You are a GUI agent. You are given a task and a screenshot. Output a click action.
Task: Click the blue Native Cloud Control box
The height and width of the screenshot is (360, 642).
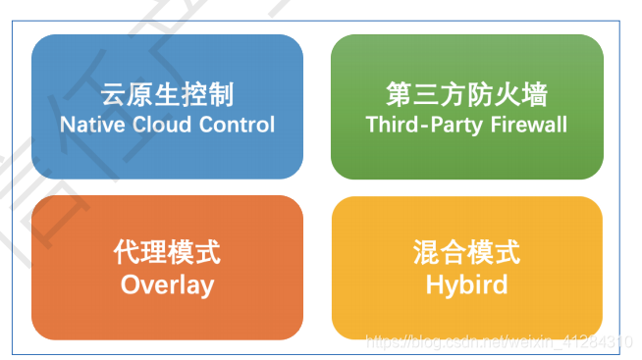point(167,107)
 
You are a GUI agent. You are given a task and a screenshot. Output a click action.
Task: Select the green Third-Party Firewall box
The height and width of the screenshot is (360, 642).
point(466,107)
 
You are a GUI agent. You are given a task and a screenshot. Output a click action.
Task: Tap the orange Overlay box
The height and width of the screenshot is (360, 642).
point(167,268)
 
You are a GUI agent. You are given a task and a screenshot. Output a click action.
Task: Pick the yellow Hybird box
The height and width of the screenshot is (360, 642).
point(466,268)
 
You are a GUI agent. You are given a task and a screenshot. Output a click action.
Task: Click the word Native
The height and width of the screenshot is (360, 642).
point(89,125)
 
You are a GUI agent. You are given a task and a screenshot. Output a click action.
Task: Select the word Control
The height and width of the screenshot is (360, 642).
point(237,125)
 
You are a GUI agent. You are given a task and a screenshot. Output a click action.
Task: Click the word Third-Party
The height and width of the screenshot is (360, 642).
point(418,125)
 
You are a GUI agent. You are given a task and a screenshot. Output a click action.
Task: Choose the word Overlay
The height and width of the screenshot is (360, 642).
point(167,284)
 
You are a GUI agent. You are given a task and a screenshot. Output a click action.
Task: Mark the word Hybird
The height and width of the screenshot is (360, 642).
point(466,284)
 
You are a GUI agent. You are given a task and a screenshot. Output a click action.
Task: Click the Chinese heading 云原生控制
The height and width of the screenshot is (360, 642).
point(167,95)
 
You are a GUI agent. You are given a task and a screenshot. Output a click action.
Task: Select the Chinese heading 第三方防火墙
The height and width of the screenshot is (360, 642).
point(466,95)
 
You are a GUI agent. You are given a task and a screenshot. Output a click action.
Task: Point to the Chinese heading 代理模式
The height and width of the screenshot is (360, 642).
point(167,253)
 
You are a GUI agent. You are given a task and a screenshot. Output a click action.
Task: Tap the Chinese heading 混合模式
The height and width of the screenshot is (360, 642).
point(466,253)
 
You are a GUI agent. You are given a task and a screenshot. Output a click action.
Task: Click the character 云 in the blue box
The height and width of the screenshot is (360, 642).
point(114,95)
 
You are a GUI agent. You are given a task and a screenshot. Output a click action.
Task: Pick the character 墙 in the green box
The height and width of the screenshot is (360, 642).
point(533,95)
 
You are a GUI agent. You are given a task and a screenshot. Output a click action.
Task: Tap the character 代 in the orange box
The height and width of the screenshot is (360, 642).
point(127,253)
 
